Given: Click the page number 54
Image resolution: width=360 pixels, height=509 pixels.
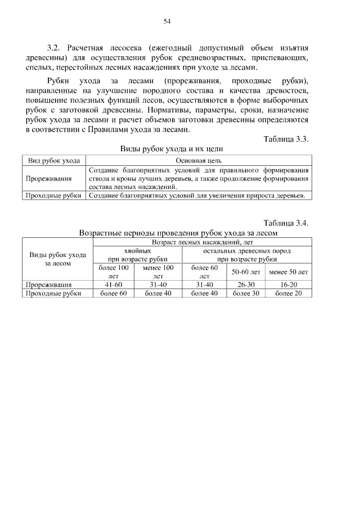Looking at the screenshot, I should [x=166, y=21].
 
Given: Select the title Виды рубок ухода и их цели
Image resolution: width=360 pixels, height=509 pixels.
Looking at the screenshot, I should [x=172, y=150].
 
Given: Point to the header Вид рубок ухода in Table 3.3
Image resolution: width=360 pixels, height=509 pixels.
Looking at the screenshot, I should [x=54, y=160].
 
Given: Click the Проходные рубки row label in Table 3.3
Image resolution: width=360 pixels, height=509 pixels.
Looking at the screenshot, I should [x=54, y=195].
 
